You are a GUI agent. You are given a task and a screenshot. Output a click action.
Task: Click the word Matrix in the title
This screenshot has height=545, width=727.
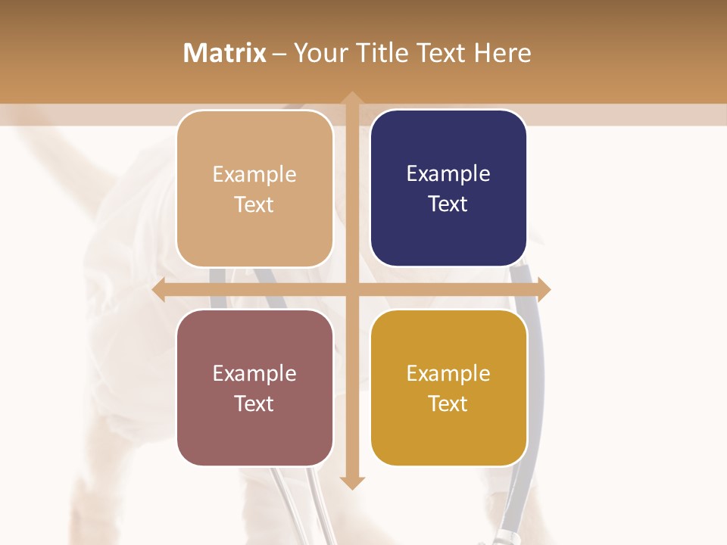[x=225, y=53]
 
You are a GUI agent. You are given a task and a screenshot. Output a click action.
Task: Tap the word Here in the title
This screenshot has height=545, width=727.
[x=502, y=53]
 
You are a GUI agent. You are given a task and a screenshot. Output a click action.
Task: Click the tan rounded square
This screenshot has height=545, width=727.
[x=254, y=188]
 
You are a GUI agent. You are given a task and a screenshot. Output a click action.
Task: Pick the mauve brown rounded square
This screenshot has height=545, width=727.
[x=254, y=388]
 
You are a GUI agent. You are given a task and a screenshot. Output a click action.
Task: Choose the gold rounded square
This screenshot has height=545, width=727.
[x=448, y=388]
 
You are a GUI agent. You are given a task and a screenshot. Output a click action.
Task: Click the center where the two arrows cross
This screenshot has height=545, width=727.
[x=351, y=289]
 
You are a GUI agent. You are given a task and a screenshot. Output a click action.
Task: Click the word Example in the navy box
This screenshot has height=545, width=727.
[x=448, y=173]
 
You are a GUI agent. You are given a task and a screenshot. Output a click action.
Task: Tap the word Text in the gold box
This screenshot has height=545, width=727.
[x=448, y=403]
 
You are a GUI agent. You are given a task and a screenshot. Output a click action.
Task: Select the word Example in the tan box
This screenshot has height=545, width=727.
[x=254, y=174]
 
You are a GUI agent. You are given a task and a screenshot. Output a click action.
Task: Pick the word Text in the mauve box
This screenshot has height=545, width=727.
[x=254, y=403]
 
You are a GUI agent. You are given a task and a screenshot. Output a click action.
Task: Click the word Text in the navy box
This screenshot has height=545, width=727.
[x=448, y=204]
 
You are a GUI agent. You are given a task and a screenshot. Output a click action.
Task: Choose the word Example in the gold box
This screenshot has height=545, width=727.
[x=448, y=373]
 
